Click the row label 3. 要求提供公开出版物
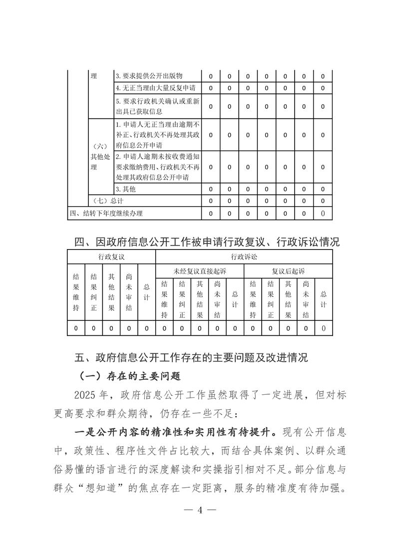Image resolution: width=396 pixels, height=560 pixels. click(149, 76)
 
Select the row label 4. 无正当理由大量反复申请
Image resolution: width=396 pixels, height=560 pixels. click(155, 88)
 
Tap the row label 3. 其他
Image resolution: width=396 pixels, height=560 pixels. click(125, 190)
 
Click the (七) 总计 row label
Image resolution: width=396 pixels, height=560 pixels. click(108, 201)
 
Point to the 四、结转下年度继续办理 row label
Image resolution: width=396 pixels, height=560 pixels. click(106, 214)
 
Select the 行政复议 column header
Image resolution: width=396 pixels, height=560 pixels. click(111, 257)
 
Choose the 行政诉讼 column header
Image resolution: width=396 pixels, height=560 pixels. click(244, 257)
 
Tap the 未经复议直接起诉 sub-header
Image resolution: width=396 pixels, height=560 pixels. click(200, 271)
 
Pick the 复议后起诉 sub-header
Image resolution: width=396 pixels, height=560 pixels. click(288, 271)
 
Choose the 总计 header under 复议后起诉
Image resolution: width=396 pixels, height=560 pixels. click(324, 299)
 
